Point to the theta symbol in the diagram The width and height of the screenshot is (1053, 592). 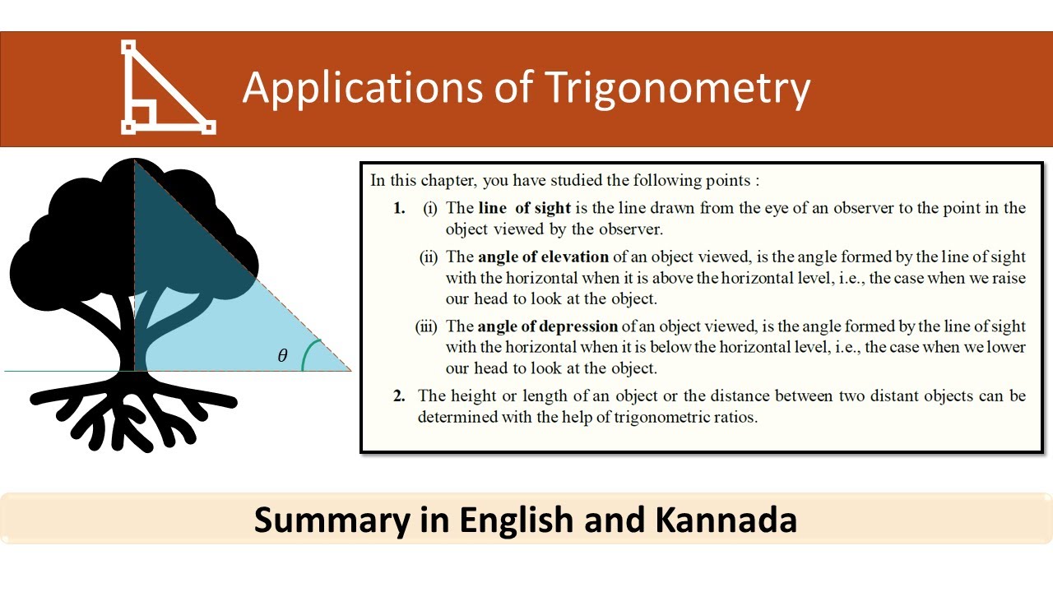(x=283, y=356)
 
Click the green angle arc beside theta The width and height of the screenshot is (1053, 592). (x=306, y=356)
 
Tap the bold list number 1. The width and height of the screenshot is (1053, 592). (x=399, y=208)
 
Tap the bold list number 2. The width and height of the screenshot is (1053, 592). (x=399, y=396)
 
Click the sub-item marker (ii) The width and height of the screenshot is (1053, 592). (x=429, y=257)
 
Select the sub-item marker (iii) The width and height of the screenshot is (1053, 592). (x=426, y=326)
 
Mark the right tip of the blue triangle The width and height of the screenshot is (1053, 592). (x=350, y=370)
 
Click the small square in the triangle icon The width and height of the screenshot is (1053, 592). (x=143, y=114)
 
